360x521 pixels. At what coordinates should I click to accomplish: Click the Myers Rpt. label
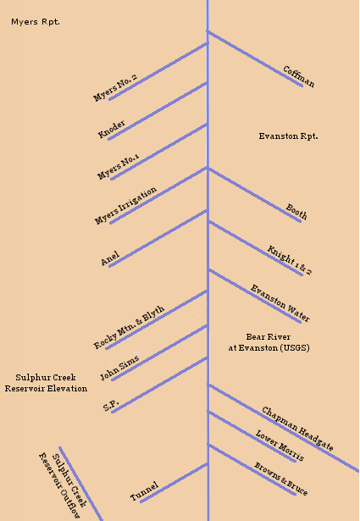coord(36,22)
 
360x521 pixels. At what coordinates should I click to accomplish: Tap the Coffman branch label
coord(298,77)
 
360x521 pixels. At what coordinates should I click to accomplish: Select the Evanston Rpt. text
coord(288,136)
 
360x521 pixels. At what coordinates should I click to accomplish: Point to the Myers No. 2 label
coord(115,88)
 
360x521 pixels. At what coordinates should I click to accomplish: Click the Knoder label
coord(111,129)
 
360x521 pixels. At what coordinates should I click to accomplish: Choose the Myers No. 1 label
coord(118,167)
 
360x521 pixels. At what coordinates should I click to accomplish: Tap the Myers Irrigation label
coord(125,206)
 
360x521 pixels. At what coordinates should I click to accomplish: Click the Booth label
coord(296,212)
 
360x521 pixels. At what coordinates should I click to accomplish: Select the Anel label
coord(110,259)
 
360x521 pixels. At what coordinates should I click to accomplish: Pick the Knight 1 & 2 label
coord(290,261)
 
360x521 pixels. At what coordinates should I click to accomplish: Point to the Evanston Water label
coord(280,303)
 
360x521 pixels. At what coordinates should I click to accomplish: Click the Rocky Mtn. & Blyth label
coord(129,327)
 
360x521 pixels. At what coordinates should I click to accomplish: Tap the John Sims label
coord(119,369)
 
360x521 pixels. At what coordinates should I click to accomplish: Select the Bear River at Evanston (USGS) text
coord(269,342)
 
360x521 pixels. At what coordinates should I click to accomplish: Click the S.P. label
coord(111,406)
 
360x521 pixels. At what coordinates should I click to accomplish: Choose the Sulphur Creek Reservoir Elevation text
coord(46,383)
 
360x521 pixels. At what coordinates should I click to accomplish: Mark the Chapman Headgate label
coord(297,429)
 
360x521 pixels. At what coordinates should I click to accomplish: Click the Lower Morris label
coord(280,446)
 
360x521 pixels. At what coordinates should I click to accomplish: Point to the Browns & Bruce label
coord(281,479)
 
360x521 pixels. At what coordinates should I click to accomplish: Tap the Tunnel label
coord(144,491)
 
